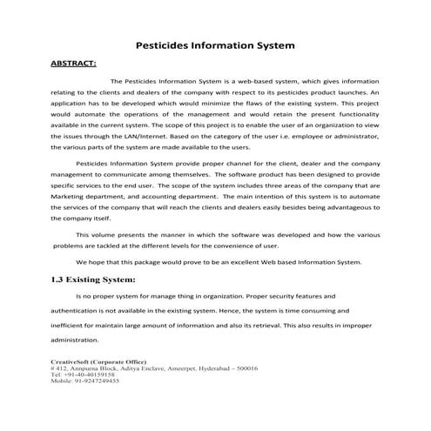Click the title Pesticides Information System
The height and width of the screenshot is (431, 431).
pos(216,44)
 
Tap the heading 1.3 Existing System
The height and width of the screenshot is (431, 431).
pos(95,279)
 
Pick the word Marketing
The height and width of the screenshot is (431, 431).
pos(71,197)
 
